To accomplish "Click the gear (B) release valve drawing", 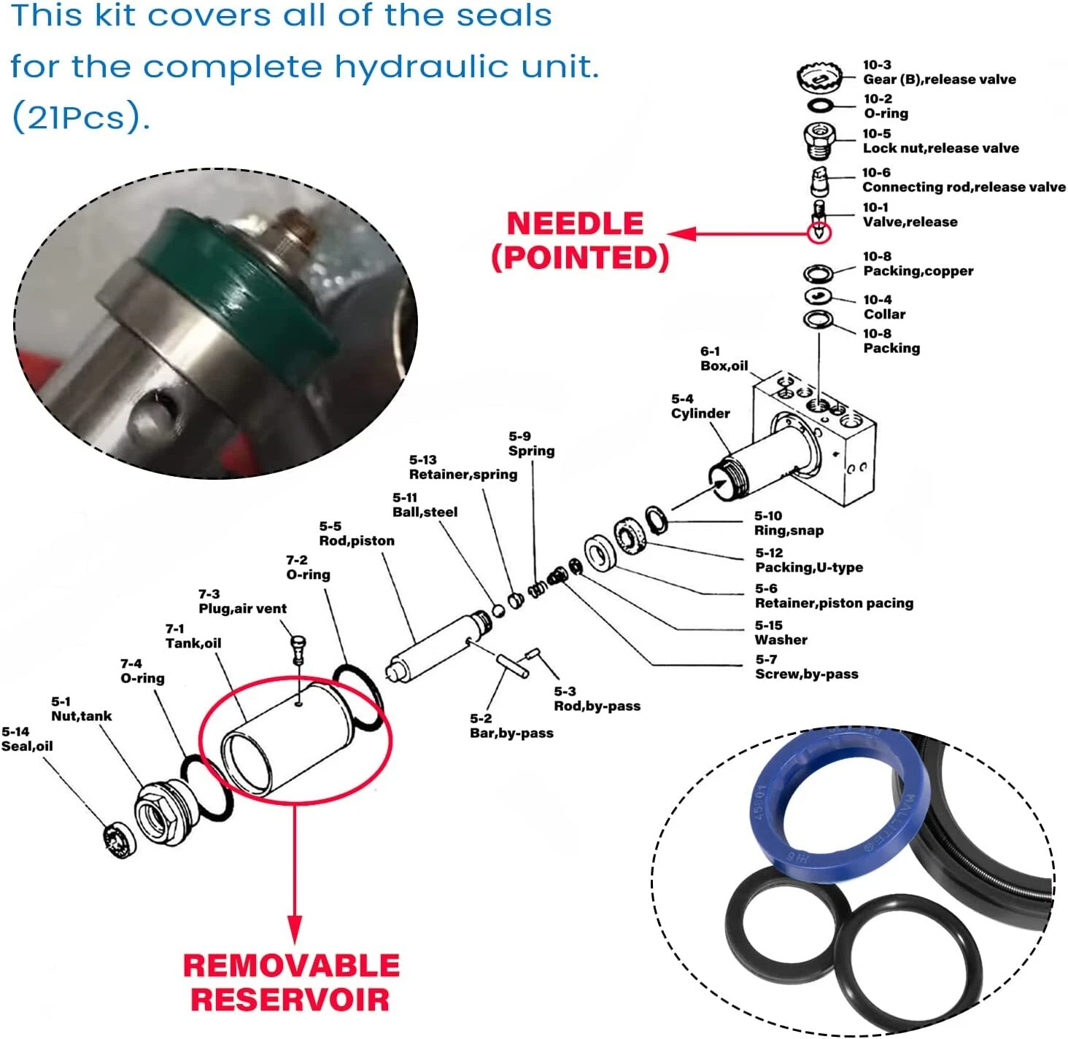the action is pyautogui.click(x=820, y=76).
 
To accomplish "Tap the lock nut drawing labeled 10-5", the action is pyautogui.click(x=820, y=140).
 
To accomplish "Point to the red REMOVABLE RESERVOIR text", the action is pyautogui.click(x=291, y=982).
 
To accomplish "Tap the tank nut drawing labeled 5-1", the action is pyautogui.click(x=162, y=812).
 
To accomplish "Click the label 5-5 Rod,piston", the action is pyautogui.click(x=356, y=534).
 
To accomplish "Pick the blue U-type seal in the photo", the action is pyautogui.click(x=835, y=798).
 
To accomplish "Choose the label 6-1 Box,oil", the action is pyautogui.click(x=724, y=359).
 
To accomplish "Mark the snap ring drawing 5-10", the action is pyautogui.click(x=657, y=520).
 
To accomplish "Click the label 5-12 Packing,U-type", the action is pyautogui.click(x=808, y=560).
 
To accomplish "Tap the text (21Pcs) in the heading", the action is pyautogui.click(x=80, y=117).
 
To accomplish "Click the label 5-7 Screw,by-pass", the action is pyautogui.click(x=806, y=667).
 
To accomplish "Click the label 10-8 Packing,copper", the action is pyautogui.click(x=917, y=264).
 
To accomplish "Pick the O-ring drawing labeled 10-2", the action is pyautogui.click(x=821, y=106).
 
